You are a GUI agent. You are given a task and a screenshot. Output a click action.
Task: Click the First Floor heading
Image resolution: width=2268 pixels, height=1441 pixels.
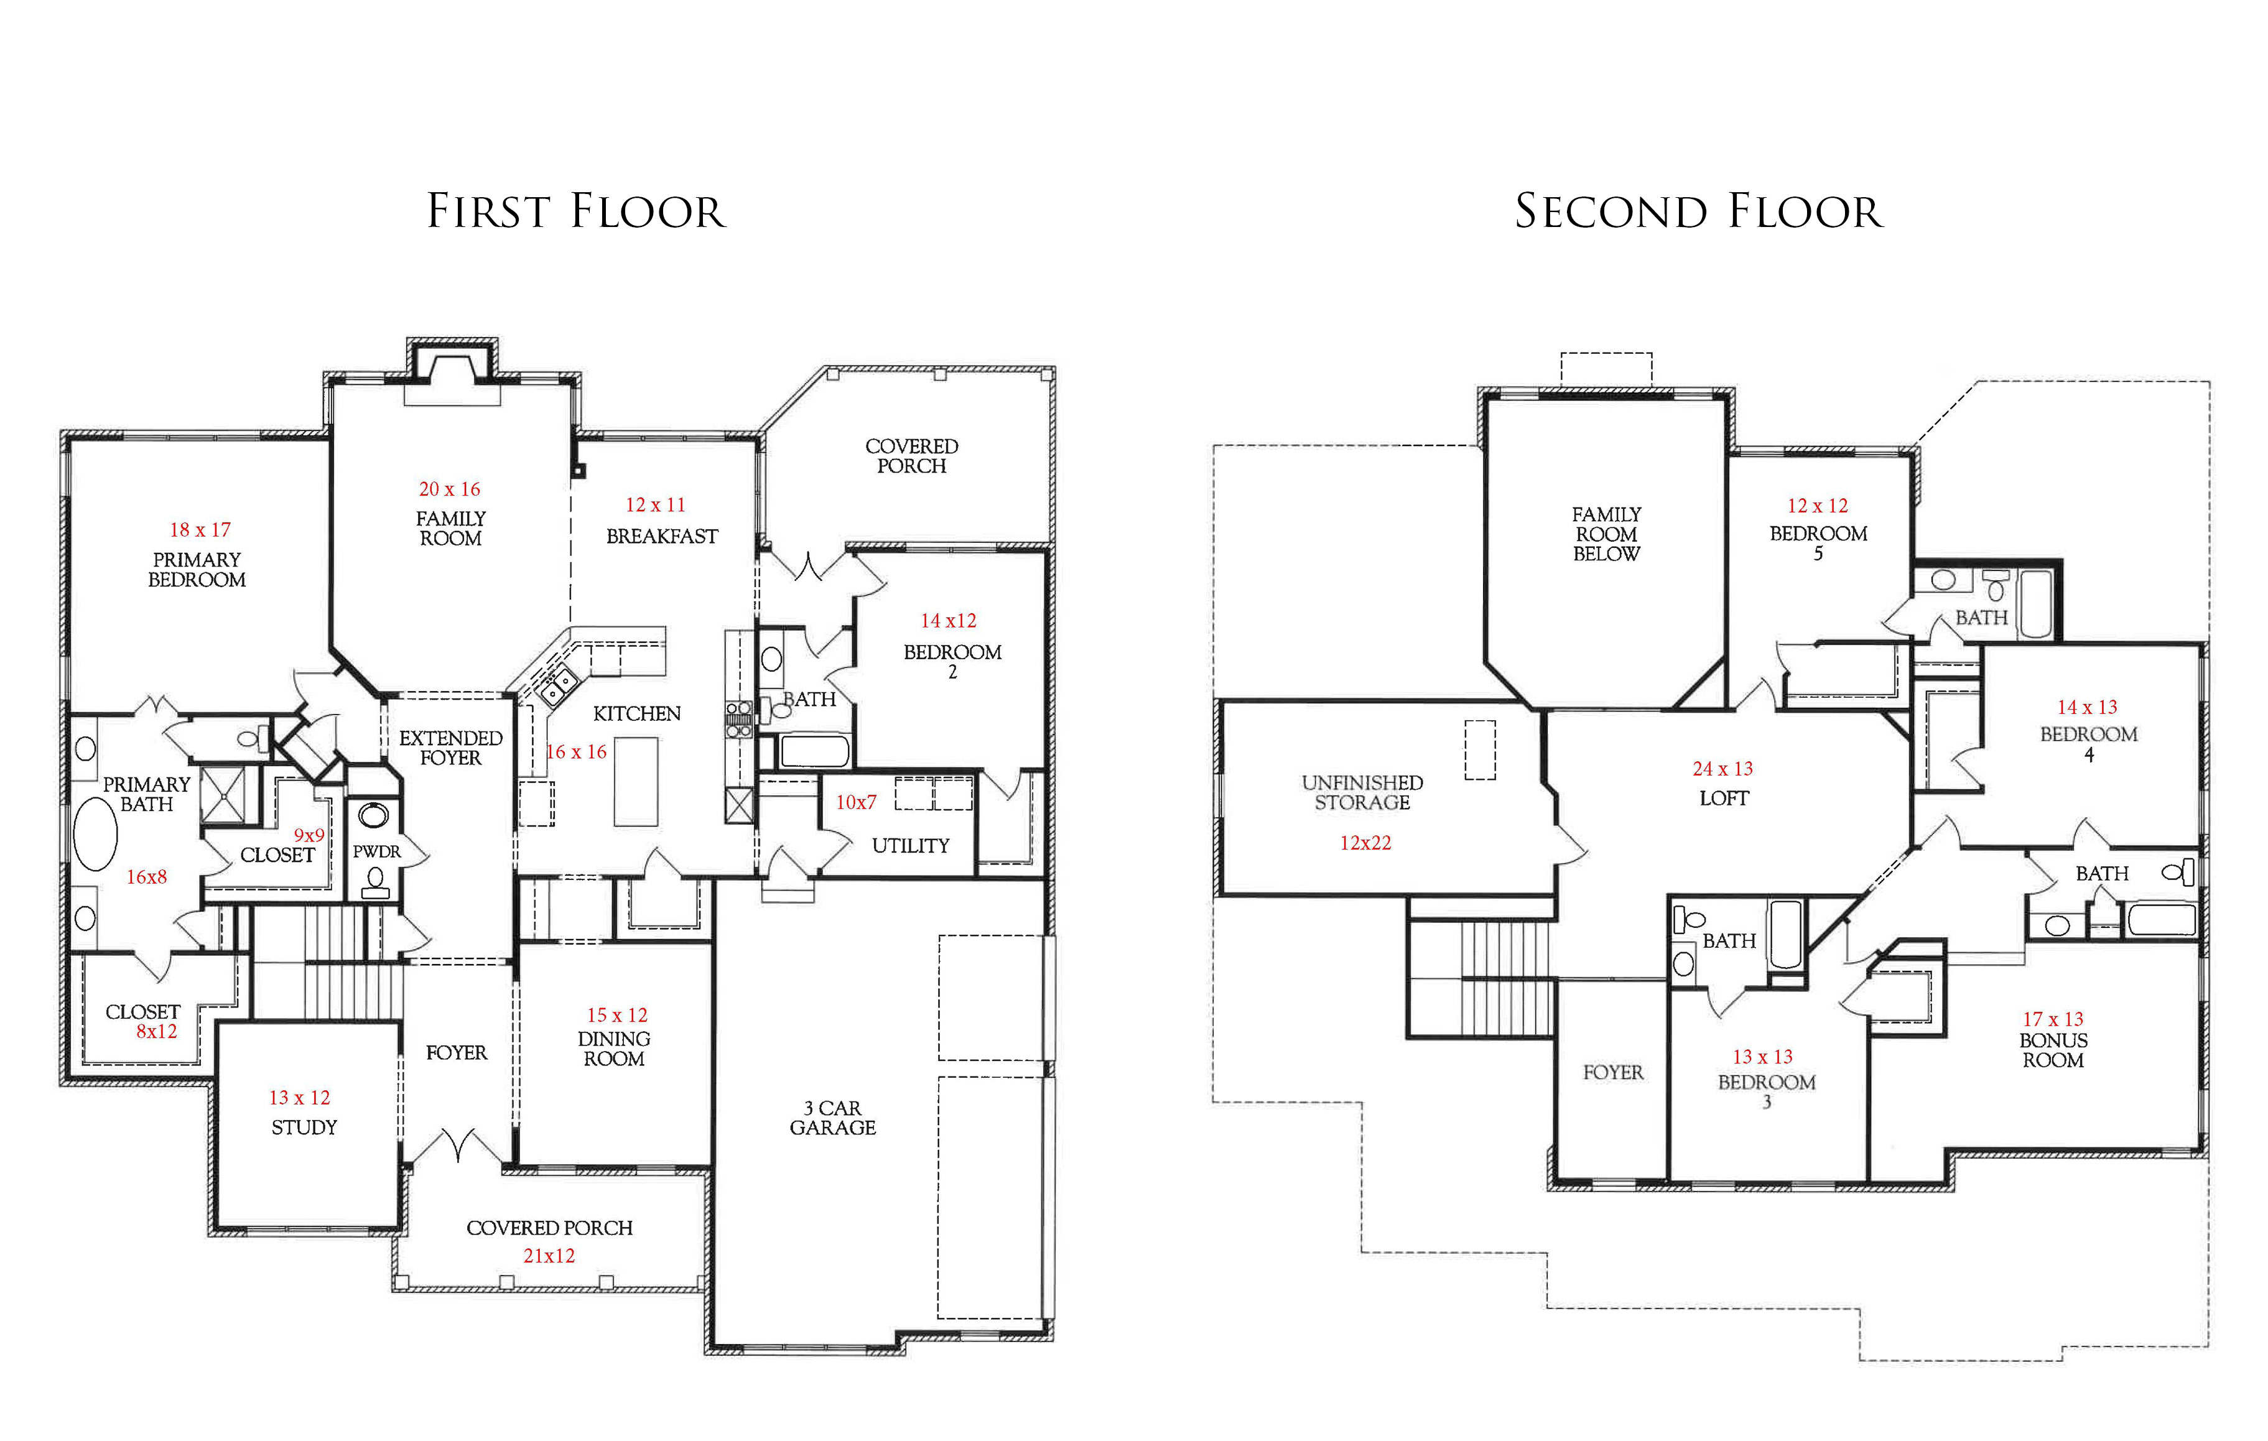(577, 211)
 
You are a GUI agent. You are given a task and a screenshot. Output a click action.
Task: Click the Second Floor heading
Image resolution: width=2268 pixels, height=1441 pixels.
(1698, 211)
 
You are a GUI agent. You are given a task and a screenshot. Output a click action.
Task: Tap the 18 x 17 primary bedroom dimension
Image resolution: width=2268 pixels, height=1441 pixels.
(200, 531)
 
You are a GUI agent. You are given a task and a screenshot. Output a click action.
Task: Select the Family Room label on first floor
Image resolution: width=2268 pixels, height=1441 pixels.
(451, 529)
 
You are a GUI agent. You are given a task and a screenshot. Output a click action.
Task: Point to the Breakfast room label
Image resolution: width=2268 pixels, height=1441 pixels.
(662, 537)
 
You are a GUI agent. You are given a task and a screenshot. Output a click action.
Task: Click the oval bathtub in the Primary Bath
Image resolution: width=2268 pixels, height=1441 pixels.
(95, 833)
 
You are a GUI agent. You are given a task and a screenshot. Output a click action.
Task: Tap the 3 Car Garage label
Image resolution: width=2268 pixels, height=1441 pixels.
(832, 1118)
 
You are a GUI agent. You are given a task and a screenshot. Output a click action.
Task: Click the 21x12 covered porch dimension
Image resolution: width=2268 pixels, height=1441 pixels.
(549, 1256)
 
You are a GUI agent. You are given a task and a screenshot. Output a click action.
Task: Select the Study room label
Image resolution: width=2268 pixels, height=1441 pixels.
(304, 1128)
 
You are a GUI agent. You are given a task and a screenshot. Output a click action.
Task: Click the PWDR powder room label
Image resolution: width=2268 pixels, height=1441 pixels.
(377, 851)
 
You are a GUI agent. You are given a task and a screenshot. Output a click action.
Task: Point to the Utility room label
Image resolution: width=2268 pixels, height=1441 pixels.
(911, 846)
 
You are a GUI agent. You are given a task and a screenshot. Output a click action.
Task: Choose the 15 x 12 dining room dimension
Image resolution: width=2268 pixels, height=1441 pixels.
(617, 1016)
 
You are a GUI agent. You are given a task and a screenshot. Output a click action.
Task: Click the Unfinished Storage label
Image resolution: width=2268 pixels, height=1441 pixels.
(1363, 793)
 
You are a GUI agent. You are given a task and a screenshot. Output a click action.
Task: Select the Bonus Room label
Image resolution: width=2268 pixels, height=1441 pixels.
(2053, 1050)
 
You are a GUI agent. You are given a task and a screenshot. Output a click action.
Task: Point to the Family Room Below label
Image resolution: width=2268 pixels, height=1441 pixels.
(1607, 534)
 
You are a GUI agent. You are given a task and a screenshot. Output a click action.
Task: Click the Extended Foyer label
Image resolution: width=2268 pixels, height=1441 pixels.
(451, 748)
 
